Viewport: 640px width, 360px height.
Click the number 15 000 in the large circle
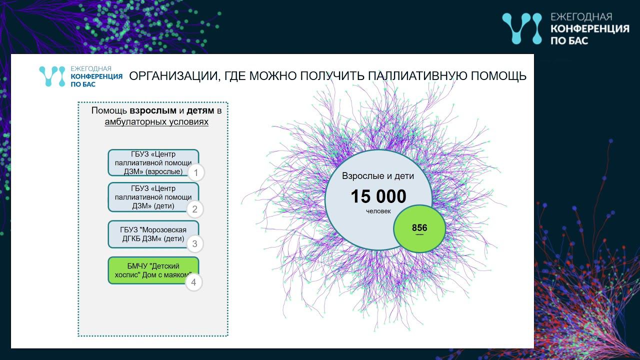click(378, 196)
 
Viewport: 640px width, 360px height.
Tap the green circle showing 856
click(419, 228)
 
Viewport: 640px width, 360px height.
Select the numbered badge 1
click(196, 173)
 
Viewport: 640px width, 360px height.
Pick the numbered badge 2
click(195, 209)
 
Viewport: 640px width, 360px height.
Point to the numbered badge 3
click(195, 244)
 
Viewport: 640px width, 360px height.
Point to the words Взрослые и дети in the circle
click(378, 176)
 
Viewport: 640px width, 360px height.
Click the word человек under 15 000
click(378, 211)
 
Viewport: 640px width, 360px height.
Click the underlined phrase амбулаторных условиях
click(156, 122)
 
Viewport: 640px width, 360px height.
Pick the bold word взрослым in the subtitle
click(153, 110)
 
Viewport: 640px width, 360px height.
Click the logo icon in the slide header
click(52, 76)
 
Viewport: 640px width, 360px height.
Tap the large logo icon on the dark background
click(521, 28)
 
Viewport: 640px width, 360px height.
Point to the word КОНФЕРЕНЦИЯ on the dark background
click(589, 28)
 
